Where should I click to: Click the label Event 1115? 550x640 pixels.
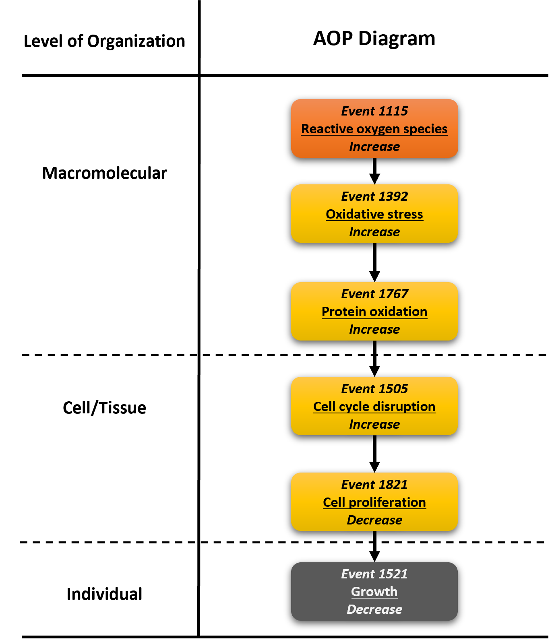tap(374, 111)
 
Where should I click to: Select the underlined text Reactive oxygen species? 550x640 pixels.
tap(374, 129)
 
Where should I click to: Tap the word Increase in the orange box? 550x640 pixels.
tap(374, 147)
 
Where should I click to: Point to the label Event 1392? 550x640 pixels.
tap(374, 196)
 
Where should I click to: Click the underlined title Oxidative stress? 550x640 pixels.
tap(374, 214)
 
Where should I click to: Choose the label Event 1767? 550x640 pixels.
tap(374, 294)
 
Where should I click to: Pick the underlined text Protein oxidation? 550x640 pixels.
tap(374, 312)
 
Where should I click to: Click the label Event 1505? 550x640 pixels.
tap(374, 389)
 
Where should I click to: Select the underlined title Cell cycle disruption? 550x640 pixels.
tap(374, 407)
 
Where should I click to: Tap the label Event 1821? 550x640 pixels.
tap(374, 485)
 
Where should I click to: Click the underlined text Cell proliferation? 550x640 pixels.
tap(374, 502)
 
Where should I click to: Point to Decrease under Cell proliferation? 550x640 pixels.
tap(374, 520)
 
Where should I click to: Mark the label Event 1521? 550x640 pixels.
tap(374, 574)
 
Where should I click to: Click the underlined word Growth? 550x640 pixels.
tap(374, 592)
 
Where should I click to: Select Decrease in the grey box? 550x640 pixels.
tap(374, 609)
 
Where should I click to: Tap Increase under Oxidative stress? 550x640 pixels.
tap(374, 232)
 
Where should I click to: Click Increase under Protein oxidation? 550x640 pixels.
tap(374, 329)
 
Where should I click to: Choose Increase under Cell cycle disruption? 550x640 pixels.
tap(374, 424)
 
